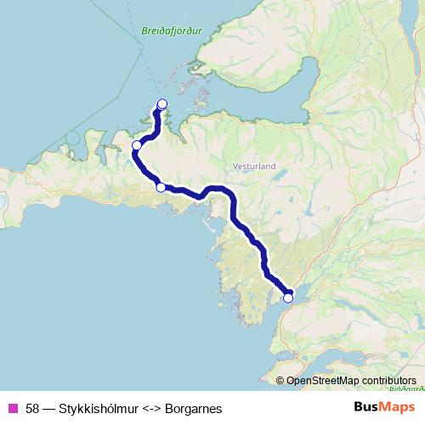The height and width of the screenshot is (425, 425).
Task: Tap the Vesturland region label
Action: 254,167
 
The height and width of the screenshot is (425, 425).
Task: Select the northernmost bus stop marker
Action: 162,105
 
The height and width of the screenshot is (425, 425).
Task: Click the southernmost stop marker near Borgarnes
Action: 288,297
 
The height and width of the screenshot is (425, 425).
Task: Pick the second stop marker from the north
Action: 136,145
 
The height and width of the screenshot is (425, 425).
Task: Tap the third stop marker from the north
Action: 161,187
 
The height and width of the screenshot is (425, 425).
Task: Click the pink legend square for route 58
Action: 14,408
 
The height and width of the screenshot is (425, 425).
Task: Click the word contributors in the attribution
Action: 388,381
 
